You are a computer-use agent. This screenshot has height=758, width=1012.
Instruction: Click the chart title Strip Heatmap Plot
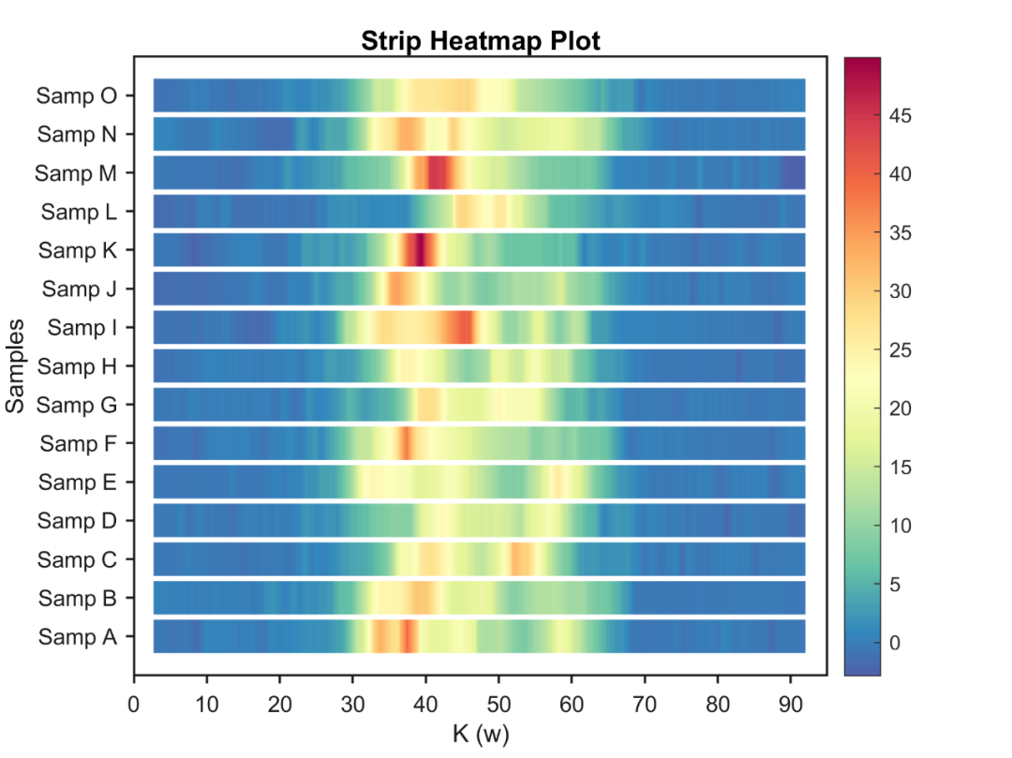tap(480, 41)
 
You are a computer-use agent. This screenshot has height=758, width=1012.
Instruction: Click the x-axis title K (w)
tap(480, 734)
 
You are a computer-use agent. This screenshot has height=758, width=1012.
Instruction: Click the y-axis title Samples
tap(15, 365)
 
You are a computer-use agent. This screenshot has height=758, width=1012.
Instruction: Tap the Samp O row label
tap(77, 96)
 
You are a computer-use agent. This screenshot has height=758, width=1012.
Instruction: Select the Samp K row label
tap(78, 250)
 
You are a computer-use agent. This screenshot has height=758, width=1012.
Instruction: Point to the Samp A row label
tap(78, 636)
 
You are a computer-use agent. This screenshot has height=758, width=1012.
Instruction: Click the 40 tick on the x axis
tap(425, 703)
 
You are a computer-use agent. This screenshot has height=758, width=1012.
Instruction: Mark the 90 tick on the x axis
tap(791, 703)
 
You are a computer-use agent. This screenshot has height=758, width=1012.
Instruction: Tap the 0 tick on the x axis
tap(134, 703)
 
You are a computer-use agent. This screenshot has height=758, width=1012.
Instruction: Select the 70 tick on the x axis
tap(645, 703)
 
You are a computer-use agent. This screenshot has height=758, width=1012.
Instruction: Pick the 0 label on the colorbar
tap(896, 643)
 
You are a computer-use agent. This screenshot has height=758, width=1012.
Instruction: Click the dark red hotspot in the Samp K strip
tap(420, 250)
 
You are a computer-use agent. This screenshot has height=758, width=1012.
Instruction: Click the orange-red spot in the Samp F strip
tap(406, 442)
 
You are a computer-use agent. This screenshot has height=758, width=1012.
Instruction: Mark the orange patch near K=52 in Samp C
tap(521, 558)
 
